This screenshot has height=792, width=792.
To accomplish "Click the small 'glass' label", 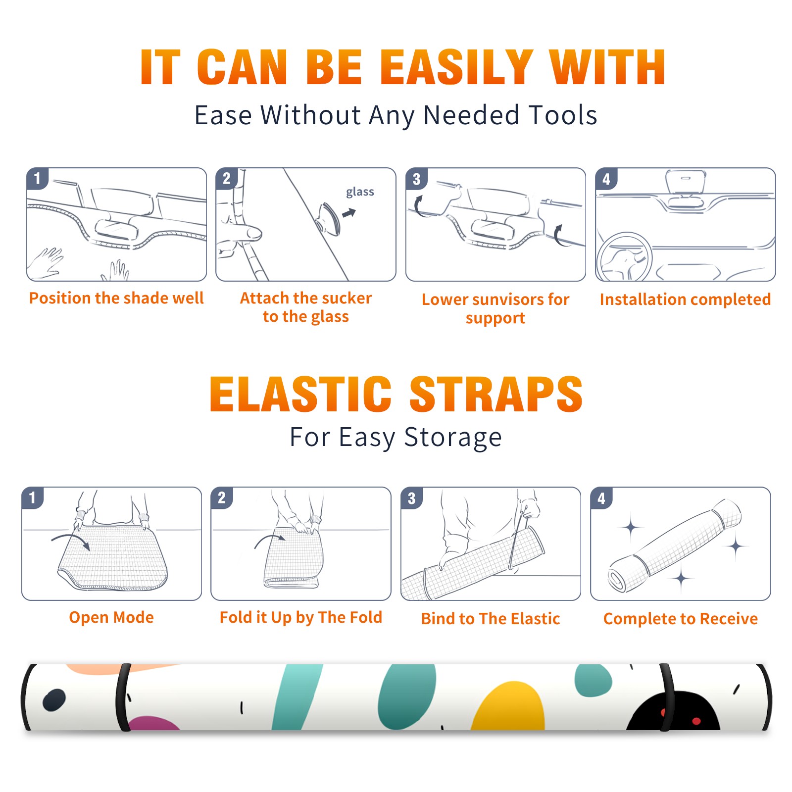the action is (x=360, y=192).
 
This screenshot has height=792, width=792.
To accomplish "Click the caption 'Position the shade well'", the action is (x=116, y=298).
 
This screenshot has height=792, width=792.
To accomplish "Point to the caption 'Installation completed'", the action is (x=685, y=299).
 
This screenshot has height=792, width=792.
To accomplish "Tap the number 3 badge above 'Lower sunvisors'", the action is (x=416, y=179).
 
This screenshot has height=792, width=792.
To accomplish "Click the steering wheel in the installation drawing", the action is (x=625, y=257).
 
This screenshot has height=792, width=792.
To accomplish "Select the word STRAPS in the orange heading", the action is (x=496, y=394).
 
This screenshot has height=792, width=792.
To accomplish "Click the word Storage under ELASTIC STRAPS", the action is (x=453, y=438).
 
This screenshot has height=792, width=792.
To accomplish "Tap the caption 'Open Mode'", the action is (x=111, y=617).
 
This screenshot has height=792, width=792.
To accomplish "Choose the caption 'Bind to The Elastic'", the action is (x=491, y=619).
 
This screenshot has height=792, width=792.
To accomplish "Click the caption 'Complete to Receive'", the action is (x=681, y=619).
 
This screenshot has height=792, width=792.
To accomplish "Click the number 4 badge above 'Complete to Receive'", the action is (x=601, y=498).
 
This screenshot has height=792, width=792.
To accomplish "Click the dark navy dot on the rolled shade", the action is (x=54, y=700).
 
